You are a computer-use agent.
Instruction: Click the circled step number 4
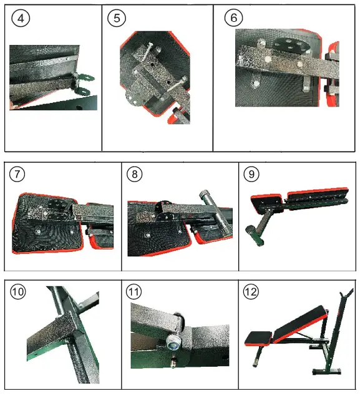21,18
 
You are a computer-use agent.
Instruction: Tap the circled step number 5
116,18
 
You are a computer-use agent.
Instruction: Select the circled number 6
233,18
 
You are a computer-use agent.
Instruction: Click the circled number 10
19,292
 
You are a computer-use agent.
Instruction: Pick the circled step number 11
134,292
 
